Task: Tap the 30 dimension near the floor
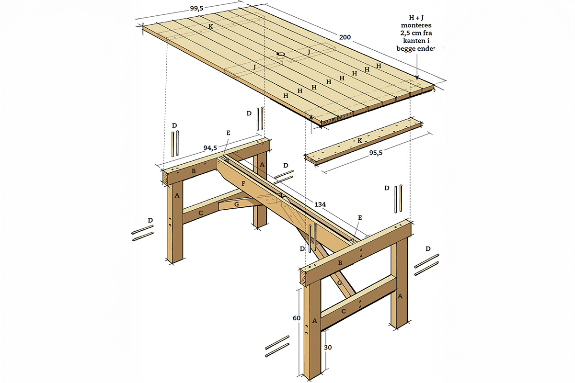(326, 348)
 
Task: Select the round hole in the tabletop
(281, 55)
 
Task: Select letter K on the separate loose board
(358, 141)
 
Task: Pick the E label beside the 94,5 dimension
(228, 133)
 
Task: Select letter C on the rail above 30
(344, 311)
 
